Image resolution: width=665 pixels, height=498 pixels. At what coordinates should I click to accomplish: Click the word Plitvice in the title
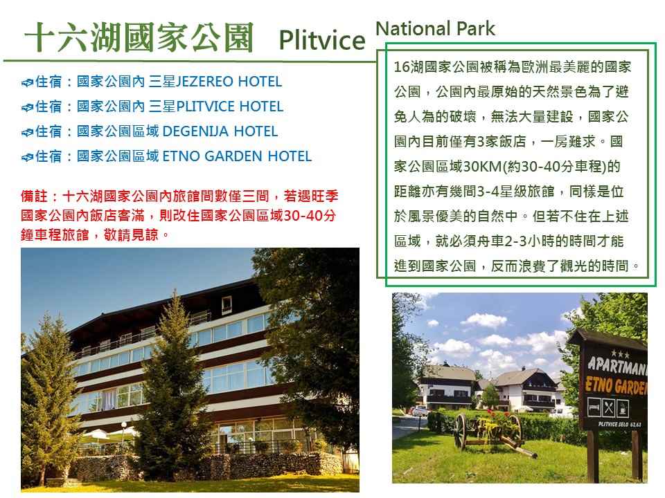click(322, 40)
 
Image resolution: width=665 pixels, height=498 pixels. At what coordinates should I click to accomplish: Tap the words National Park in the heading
click(435, 29)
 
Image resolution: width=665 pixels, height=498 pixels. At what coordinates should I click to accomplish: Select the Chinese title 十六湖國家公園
click(139, 37)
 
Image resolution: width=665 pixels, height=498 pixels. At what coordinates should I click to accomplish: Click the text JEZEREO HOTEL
click(229, 82)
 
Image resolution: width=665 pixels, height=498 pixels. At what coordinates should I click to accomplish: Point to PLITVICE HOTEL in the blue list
click(230, 107)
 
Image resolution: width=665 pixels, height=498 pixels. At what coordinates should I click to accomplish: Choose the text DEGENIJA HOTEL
click(220, 131)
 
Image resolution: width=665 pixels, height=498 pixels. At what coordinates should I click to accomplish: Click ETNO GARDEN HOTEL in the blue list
click(237, 156)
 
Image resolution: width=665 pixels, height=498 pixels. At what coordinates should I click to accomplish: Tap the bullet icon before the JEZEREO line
click(27, 82)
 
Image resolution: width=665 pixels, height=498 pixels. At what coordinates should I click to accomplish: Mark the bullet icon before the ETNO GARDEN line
click(27, 158)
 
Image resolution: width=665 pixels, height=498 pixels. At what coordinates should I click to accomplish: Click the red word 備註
click(34, 196)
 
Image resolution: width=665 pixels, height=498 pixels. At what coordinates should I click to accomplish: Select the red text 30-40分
click(310, 216)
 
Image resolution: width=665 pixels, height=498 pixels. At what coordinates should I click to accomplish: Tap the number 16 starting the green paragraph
click(401, 67)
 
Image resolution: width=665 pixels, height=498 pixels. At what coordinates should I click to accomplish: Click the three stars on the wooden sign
click(620, 353)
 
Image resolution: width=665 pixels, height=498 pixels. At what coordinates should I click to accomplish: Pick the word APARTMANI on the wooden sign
click(617, 367)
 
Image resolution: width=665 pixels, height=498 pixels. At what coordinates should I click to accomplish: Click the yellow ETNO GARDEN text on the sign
click(617, 385)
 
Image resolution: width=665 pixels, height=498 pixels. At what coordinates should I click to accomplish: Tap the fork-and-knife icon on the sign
click(609, 408)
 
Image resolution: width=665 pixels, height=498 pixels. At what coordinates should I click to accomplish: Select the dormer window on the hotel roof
click(227, 304)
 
